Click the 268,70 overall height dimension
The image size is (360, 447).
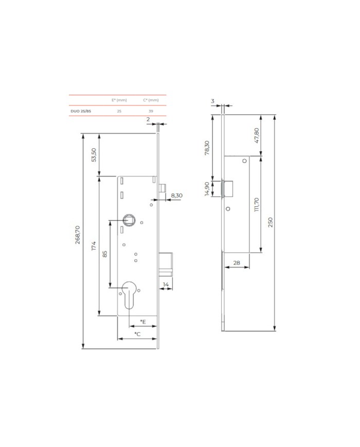[78, 235]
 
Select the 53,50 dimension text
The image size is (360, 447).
[94, 155]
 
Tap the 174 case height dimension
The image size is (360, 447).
[94, 246]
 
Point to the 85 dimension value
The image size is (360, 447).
[105, 254]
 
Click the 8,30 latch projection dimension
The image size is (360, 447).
[177, 195]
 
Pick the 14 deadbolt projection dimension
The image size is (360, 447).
[166, 284]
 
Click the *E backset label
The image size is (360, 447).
[143, 322]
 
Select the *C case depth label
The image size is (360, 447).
[138, 334]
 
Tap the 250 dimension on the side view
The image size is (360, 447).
[271, 222]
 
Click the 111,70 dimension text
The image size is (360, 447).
[257, 204]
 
